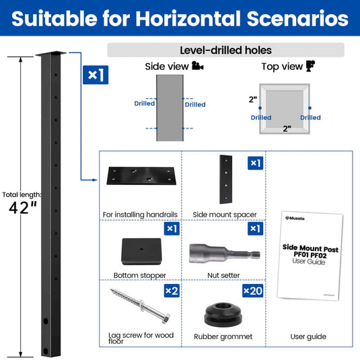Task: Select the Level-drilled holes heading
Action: click(x=225, y=50)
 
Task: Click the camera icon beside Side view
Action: click(x=197, y=66)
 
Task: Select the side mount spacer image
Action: click(x=224, y=180)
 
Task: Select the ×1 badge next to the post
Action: click(x=94, y=75)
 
